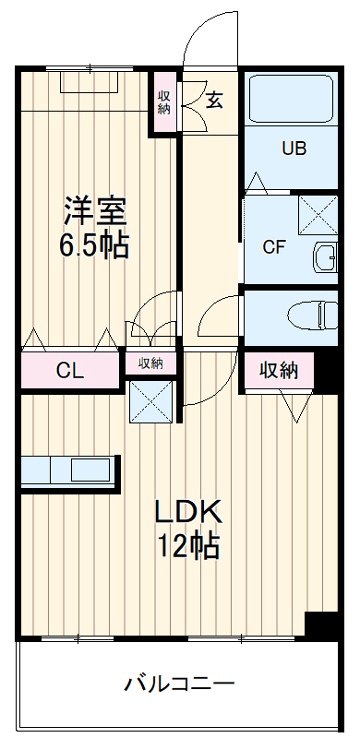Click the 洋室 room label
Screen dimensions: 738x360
pos(94,210)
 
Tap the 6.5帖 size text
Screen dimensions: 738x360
pos(94,245)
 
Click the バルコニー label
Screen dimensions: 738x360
pos(180,684)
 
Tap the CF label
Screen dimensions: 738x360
pos(273,246)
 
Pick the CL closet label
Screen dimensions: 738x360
pos(70,372)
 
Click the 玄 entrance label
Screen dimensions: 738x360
pos(214,101)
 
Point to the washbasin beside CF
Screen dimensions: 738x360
pos(326,256)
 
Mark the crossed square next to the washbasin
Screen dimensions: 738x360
pos(319,215)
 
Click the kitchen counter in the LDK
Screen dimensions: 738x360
pos(70,470)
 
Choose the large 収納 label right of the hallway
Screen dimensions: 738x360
pos(278,371)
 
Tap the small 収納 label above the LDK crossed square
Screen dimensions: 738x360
pos(150,363)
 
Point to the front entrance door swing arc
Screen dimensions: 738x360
pos(208,37)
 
